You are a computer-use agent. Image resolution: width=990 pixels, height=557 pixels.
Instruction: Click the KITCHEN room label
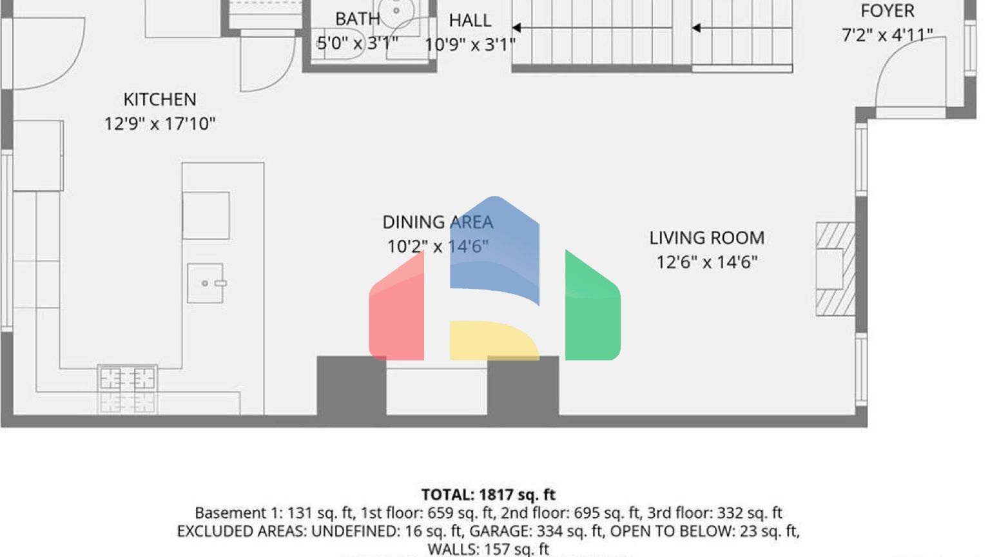160,99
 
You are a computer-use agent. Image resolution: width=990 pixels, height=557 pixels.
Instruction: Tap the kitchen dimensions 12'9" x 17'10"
160,124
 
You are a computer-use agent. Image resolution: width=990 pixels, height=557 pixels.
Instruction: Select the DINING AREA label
438,222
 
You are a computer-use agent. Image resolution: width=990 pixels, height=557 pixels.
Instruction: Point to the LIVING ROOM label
706,238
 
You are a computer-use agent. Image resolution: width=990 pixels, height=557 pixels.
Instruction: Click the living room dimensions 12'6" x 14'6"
706,262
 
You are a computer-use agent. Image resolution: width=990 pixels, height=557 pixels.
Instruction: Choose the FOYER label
887,11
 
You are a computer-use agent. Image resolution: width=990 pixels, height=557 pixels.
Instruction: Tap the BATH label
357,19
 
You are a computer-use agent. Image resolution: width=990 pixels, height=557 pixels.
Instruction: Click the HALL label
470,21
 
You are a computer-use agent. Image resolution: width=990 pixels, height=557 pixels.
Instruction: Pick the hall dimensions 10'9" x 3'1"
470,44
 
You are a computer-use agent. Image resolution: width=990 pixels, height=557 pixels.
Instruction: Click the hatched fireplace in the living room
835,269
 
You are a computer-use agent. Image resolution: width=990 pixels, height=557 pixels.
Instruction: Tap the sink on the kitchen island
206,283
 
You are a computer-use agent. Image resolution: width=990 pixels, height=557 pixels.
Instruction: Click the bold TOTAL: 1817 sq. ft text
488,494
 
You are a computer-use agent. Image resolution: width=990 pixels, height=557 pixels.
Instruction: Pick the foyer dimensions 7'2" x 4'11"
887,35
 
